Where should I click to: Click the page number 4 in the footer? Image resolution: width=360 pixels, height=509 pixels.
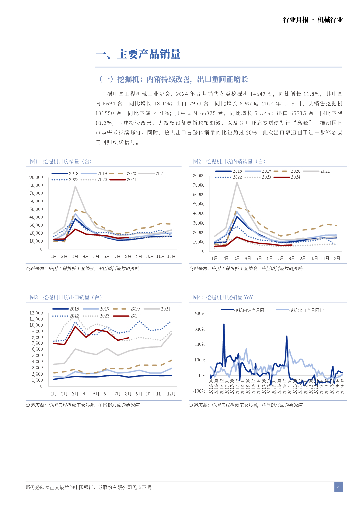(x=338, y=487)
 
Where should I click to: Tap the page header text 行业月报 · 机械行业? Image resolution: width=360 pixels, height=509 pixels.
(x=313, y=20)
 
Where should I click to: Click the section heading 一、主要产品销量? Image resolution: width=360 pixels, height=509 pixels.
(x=138, y=55)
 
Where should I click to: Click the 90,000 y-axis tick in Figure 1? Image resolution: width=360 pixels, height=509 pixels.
(x=36, y=177)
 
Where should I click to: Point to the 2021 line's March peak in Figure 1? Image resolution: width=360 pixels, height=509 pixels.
(x=75, y=186)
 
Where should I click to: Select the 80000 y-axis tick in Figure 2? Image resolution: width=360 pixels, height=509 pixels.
(x=199, y=175)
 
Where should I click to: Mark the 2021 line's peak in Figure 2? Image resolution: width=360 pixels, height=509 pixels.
(x=237, y=182)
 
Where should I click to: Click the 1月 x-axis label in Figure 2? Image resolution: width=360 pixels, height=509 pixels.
(x=214, y=258)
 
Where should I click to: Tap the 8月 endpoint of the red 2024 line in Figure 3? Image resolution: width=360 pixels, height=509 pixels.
(x=129, y=338)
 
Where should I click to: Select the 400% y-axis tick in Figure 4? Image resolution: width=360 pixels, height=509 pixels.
(x=199, y=314)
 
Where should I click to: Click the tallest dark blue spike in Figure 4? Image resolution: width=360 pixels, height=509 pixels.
(x=223, y=324)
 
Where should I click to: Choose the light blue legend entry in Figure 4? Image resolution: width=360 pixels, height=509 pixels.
(x=306, y=310)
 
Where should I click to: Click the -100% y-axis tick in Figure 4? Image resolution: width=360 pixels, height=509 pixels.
(x=199, y=391)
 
